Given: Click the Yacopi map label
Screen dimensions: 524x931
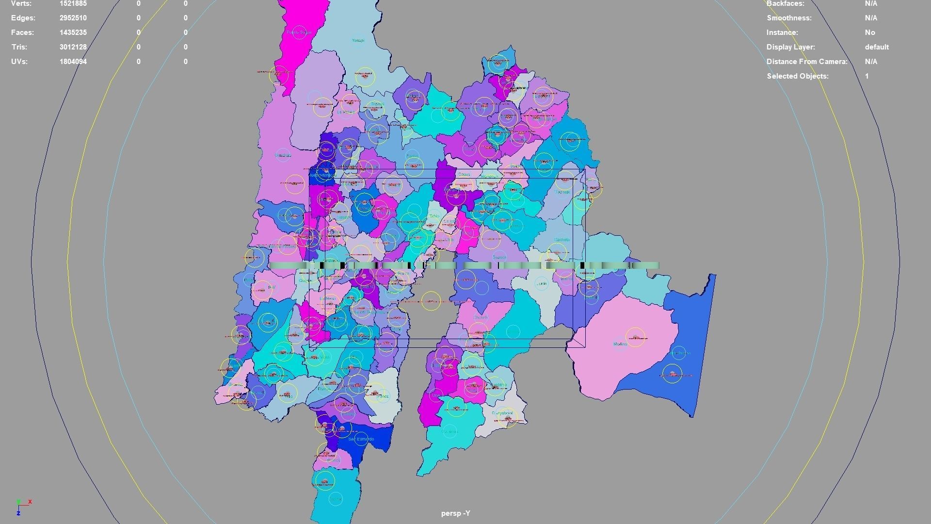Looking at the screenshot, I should point(358,40).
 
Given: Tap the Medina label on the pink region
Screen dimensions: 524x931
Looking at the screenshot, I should point(620,344).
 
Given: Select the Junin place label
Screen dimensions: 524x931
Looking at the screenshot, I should point(542,283).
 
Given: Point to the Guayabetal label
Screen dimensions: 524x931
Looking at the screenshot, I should point(502,413).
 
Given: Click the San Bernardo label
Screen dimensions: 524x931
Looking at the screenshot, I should point(361,439).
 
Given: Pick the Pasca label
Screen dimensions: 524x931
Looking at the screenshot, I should point(383,396).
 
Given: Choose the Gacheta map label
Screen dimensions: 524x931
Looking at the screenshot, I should point(562,240).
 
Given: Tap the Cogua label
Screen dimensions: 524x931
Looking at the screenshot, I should point(464,174).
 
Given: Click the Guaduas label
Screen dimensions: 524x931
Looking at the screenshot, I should point(283,155).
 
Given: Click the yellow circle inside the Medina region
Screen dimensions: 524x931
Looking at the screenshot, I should point(635,338).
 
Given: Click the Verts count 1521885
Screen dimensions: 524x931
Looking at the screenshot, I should point(73,3).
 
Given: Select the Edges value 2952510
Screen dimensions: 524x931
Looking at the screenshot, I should point(73,18).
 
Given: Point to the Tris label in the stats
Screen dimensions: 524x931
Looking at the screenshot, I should point(19,47).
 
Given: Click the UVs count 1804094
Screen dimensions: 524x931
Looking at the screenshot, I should point(73,62).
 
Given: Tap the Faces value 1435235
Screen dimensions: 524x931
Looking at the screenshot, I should point(73,33).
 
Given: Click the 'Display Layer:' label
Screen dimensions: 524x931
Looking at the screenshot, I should point(790,47).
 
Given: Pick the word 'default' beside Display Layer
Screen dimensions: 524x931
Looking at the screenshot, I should point(876,47).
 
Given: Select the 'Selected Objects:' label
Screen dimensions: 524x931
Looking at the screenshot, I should point(797,76).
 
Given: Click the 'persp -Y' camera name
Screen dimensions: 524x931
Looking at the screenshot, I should point(455,513).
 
